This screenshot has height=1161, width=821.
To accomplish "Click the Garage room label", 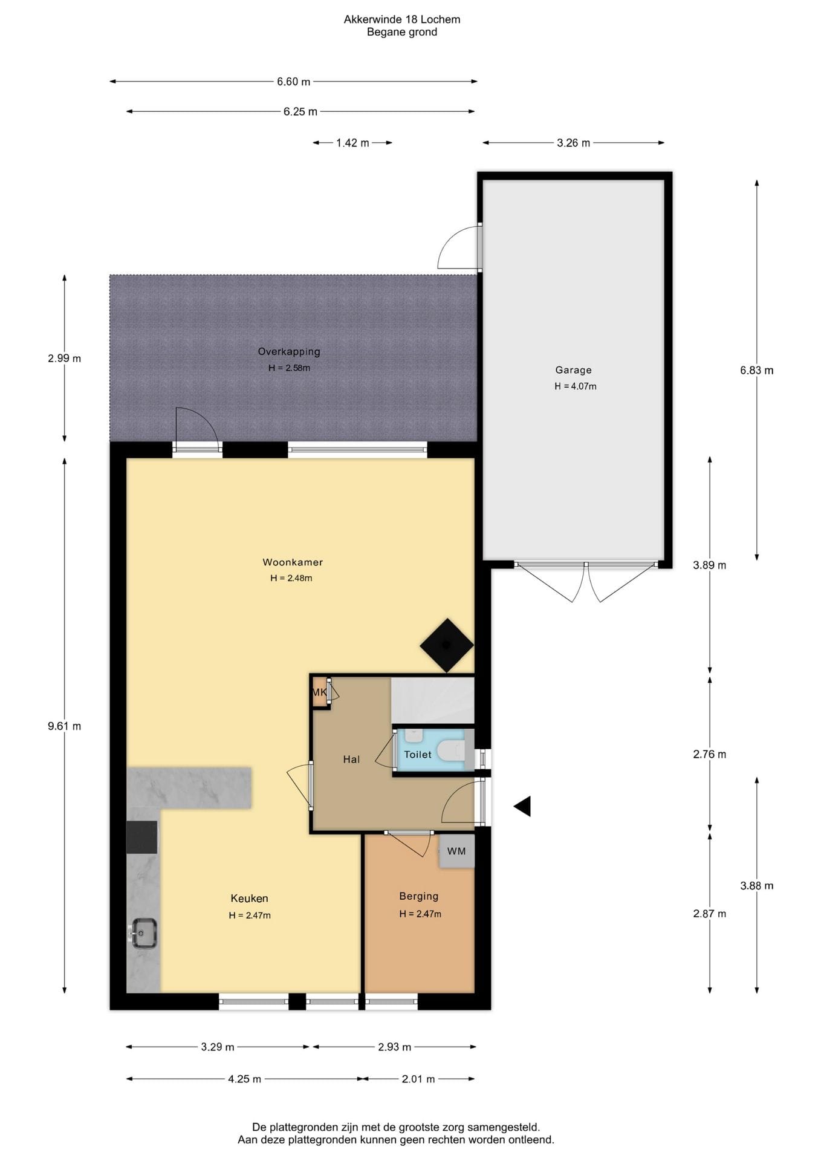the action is [x=573, y=370].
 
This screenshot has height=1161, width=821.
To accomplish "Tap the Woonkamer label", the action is [x=293, y=562].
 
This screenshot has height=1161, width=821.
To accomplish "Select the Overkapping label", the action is [x=289, y=352].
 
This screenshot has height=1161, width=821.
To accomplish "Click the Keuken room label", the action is [x=249, y=899].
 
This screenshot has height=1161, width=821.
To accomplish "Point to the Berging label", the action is [x=419, y=896].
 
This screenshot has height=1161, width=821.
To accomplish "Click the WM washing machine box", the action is [x=456, y=851].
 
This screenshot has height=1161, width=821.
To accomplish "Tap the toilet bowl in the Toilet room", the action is [x=451, y=751].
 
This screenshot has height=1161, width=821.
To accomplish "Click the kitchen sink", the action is [x=143, y=933].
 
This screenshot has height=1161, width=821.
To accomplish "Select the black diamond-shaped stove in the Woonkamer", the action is [x=447, y=645].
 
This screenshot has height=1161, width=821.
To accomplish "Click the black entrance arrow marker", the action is [x=522, y=806].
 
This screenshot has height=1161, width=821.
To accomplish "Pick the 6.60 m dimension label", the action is [x=294, y=82].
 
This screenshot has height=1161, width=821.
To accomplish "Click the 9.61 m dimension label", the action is [x=65, y=726].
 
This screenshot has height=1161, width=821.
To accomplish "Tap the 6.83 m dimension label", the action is [x=757, y=370].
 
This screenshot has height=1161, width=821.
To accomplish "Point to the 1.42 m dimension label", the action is [x=352, y=143].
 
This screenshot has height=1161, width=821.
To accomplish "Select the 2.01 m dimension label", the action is [x=418, y=1079].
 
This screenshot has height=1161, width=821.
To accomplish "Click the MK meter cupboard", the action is [x=320, y=692].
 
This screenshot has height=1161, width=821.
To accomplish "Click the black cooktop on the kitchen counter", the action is [x=142, y=837].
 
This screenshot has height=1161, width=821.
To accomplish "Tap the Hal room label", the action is [x=351, y=759].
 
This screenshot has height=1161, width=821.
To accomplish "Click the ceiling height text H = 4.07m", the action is [x=576, y=386].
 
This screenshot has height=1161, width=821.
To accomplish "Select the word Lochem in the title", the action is [x=441, y=19].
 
